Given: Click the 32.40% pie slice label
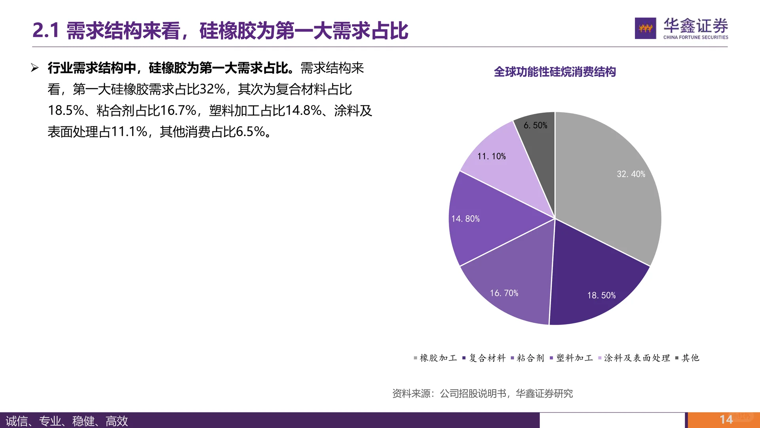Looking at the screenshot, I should point(631,174).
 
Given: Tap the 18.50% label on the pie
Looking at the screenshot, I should point(601,295).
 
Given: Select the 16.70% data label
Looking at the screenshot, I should point(504,293).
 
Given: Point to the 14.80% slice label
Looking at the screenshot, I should point(465,219).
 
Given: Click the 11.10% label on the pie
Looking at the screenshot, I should point(491,156).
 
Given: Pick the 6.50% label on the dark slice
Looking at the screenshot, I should point(535,125).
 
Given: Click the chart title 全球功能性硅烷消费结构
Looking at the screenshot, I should point(555,72).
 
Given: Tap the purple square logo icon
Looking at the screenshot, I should point(645,28).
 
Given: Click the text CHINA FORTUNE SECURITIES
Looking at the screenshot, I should point(695,37).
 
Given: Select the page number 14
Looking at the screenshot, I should point(726,419).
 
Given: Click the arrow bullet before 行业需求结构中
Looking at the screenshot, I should point(35,68).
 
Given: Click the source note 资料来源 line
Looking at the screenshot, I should point(482,393).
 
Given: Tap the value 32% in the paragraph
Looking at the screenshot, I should point(212,89).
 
